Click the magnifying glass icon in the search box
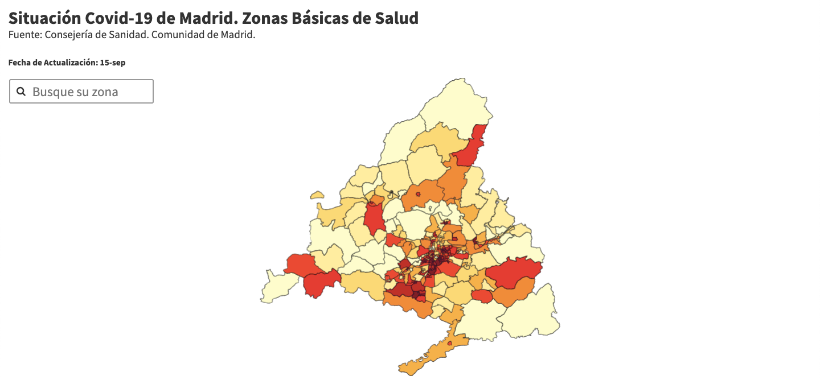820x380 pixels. (21, 92)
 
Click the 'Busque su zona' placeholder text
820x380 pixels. (75, 92)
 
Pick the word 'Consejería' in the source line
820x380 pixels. (71, 35)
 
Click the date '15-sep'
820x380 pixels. (113, 63)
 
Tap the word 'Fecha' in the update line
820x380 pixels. (19, 63)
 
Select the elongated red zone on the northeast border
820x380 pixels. (473, 148)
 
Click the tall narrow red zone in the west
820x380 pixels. (374, 219)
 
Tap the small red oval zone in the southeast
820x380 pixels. (482, 296)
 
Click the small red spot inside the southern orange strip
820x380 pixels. (450, 344)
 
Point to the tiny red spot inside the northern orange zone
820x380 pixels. (418, 194)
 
